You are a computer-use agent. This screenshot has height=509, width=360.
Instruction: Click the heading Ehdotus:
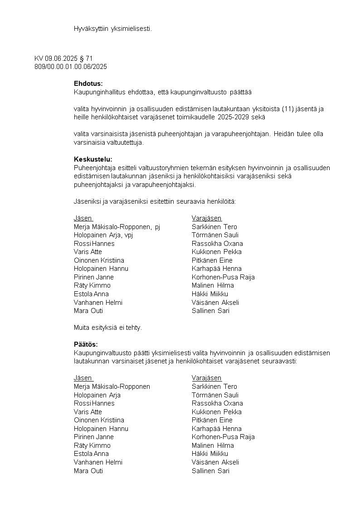click(88, 83)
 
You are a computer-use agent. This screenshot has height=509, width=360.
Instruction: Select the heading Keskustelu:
click(92, 159)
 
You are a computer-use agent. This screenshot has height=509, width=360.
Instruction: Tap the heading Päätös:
click(86, 344)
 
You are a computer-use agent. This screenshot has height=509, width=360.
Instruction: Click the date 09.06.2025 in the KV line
click(61, 59)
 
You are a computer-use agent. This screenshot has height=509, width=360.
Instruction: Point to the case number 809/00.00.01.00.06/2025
click(71, 67)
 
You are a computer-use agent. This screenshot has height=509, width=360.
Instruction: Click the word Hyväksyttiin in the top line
click(91, 29)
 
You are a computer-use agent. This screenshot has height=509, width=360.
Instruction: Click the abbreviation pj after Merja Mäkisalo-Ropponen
click(157, 227)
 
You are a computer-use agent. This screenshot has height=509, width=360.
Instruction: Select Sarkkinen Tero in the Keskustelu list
click(214, 227)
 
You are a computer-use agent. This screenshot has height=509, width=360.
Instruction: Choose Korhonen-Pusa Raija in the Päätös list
click(223, 437)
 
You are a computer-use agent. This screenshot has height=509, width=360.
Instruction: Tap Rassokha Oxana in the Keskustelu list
click(217, 244)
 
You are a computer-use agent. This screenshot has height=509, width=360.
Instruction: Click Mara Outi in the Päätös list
click(88, 471)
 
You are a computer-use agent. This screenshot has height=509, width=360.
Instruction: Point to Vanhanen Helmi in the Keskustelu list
click(98, 303)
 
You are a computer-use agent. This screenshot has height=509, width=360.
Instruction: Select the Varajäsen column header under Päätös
click(207, 378)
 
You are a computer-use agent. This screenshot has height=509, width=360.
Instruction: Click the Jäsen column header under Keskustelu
click(83, 218)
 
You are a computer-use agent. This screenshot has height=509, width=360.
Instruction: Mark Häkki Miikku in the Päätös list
click(210, 454)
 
